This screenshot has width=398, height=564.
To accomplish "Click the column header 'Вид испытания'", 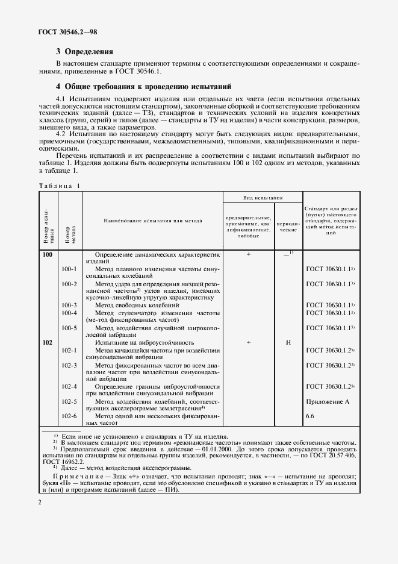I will pos(263,198).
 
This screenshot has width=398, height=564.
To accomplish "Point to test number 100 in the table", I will pos(48,255).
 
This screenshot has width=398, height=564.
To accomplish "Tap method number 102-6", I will pos(70,416).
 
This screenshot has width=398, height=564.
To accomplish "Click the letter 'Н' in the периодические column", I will pos(288,342).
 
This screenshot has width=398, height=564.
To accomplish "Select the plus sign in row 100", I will pos(247,255).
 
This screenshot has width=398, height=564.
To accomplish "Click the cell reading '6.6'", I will pos(311,416).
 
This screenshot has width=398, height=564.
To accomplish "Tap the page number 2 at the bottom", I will pos(39,501).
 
